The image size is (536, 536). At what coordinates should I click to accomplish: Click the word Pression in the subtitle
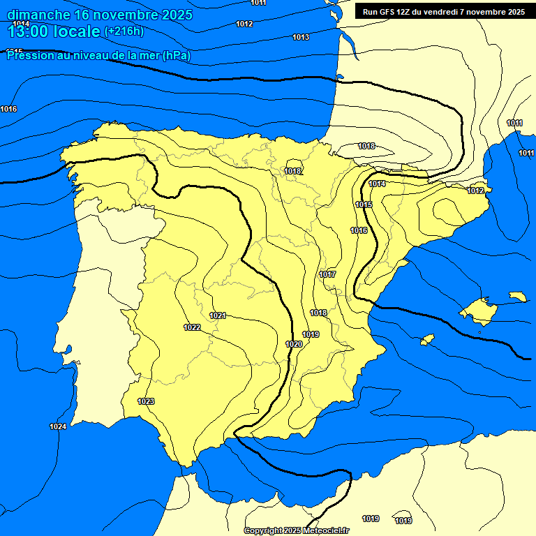point(28,56)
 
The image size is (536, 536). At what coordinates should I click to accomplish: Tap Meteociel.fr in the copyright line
point(325,531)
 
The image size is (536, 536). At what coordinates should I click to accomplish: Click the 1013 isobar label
point(301,37)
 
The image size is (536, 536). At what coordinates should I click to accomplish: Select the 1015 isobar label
point(364,204)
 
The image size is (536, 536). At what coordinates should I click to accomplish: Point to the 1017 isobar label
point(327,274)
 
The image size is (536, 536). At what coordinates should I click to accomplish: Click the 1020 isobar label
point(294,344)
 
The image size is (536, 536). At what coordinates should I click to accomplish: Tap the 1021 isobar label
point(218,315)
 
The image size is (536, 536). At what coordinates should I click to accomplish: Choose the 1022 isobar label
point(192,327)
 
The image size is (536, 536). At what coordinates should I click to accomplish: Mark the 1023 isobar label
point(146,401)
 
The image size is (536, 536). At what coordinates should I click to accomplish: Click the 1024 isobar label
point(58,426)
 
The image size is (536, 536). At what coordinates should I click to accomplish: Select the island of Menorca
point(517,297)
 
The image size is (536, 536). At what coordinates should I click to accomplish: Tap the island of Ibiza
point(426,340)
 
